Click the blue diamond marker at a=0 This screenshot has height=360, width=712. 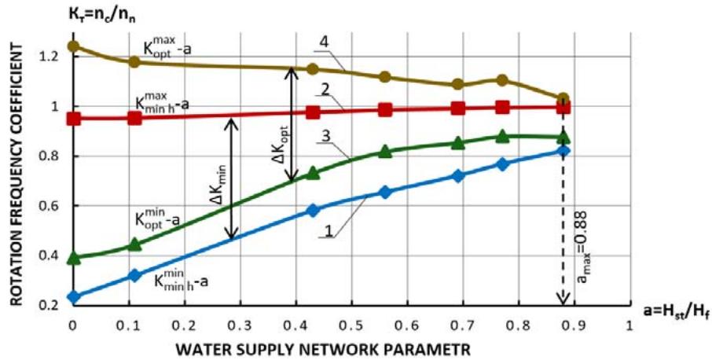tap(73, 297)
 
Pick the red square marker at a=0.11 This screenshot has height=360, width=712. tap(134, 118)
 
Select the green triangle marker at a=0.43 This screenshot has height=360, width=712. tap(313, 173)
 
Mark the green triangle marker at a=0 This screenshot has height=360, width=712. tap(73, 257)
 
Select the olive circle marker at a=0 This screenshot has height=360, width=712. tap(73, 46)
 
